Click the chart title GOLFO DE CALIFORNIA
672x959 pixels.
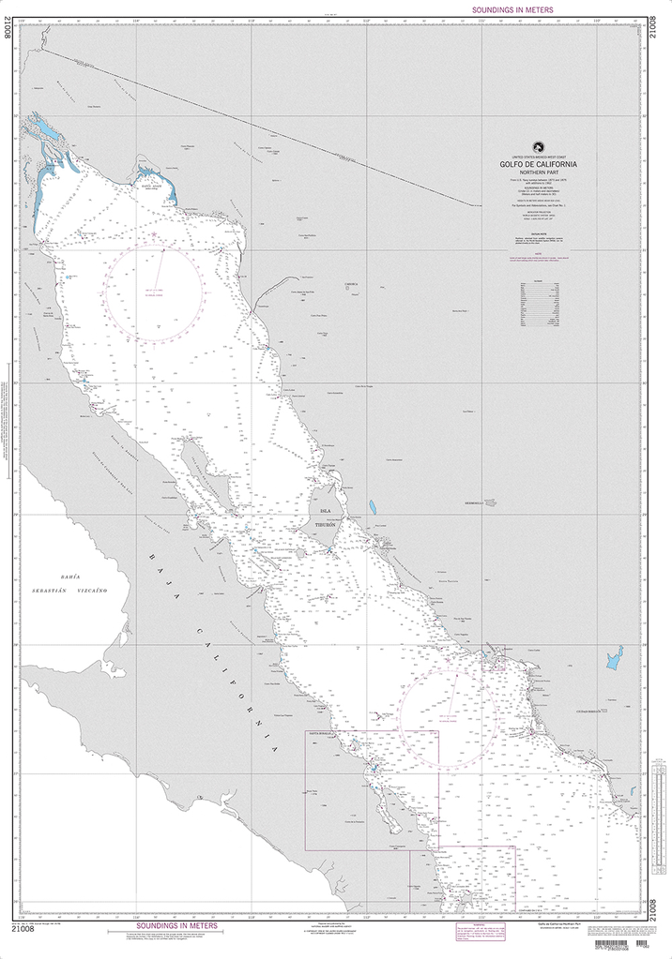(x=538, y=164)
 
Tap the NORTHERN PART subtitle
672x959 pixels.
(x=538, y=173)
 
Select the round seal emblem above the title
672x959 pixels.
(x=538, y=146)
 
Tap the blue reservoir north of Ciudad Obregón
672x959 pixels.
(x=615, y=658)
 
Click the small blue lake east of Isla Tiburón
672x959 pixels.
(x=373, y=507)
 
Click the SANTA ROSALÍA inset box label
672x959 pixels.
(x=319, y=734)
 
